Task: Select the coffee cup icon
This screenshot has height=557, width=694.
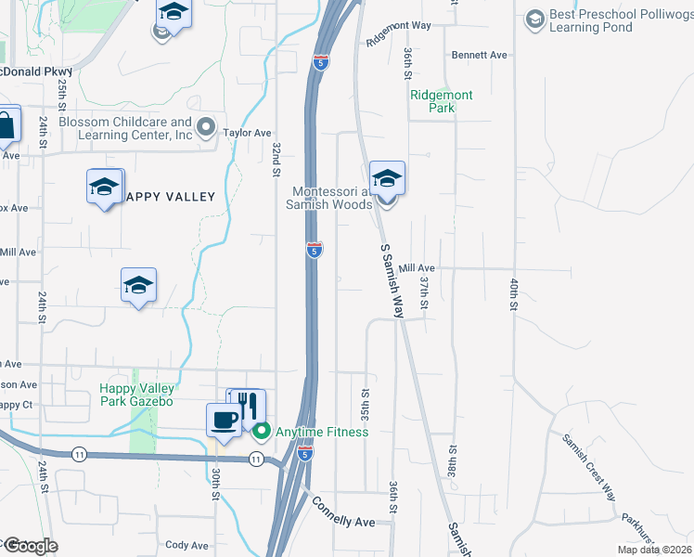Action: pyautogui.click(x=223, y=421)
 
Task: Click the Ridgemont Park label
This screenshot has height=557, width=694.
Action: pyautogui.click(x=442, y=101)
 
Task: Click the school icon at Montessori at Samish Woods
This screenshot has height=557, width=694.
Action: pyautogui.click(x=387, y=178)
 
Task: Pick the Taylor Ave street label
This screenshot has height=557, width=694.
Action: pyautogui.click(x=247, y=133)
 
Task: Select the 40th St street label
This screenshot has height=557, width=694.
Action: pyautogui.click(x=512, y=292)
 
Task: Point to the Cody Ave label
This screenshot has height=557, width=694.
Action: pyautogui.click(x=186, y=546)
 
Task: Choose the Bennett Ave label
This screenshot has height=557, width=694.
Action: pyautogui.click(x=480, y=56)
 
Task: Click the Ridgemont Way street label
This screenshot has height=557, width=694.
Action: pyautogui.click(x=399, y=33)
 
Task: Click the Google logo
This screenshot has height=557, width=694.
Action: pyautogui.click(x=30, y=546)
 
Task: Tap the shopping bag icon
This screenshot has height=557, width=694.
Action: pyautogui.click(x=5, y=126)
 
